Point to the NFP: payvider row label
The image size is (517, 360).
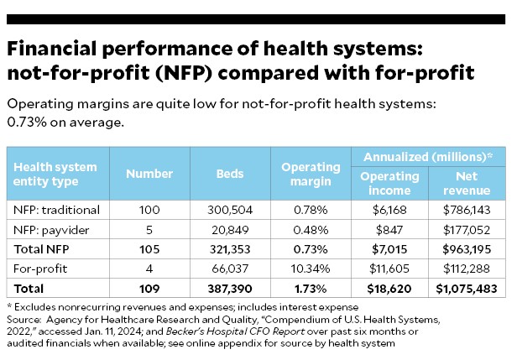click(x=50, y=229)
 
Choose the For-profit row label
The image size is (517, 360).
click(x=39, y=269)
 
